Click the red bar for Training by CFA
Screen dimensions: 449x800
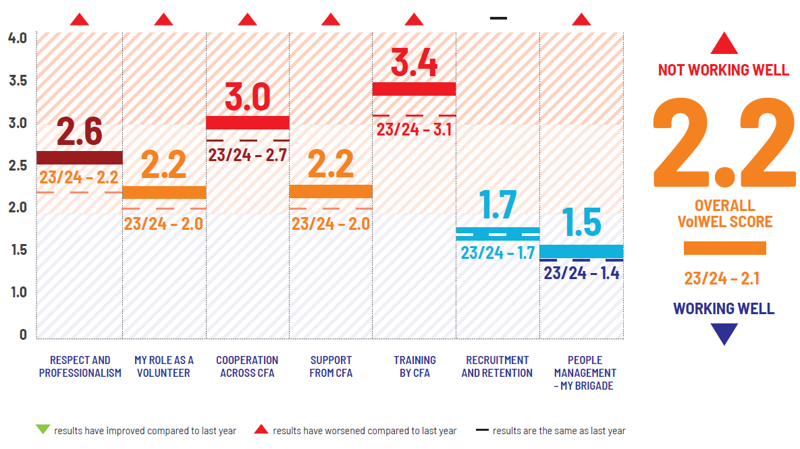414,88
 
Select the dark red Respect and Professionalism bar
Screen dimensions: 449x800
79,158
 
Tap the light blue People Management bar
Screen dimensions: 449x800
581,251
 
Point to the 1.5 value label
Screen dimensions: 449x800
581,222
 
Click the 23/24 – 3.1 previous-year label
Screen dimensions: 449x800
414,129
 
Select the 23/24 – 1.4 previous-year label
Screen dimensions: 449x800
581,273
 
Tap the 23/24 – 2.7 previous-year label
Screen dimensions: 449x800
247,155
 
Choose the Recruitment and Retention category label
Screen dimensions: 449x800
497,367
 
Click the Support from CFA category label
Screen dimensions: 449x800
331,367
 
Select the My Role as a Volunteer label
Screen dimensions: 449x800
163,367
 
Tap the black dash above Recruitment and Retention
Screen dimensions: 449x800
498,18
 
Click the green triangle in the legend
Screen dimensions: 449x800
43,429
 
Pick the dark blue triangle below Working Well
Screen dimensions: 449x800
724,333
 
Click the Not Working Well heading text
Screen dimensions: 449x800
724,70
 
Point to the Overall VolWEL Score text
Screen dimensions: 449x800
724,214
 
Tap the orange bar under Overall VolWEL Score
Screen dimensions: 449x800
724,248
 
